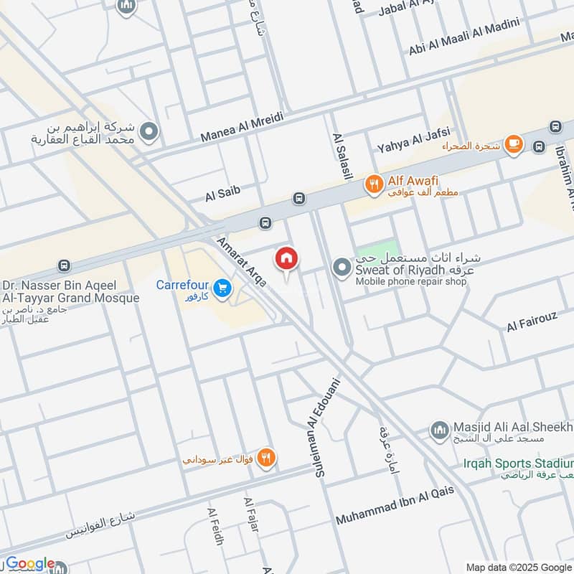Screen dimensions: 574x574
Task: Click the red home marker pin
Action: click(x=286, y=259)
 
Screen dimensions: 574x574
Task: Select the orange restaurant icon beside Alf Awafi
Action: click(x=373, y=186)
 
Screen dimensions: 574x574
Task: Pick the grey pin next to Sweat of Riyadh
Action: click(x=341, y=268)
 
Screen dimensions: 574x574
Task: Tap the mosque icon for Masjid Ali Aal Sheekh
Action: click(x=438, y=430)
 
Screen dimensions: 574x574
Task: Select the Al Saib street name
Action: click(x=222, y=192)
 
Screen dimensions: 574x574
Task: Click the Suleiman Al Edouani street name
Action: click(x=327, y=428)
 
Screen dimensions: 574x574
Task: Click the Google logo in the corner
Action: click(x=29, y=564)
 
